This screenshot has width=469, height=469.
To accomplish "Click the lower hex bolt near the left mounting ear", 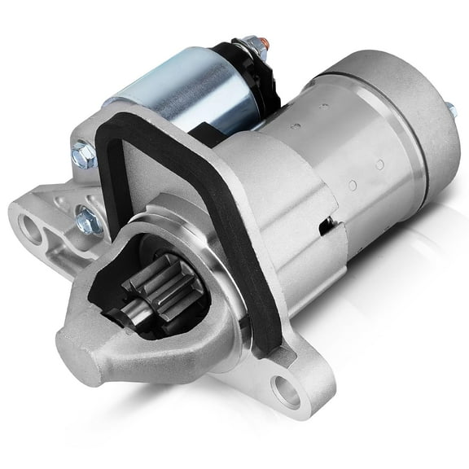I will (x=87, y=220).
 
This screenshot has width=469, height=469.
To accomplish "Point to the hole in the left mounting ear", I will (x=32, y=229).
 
